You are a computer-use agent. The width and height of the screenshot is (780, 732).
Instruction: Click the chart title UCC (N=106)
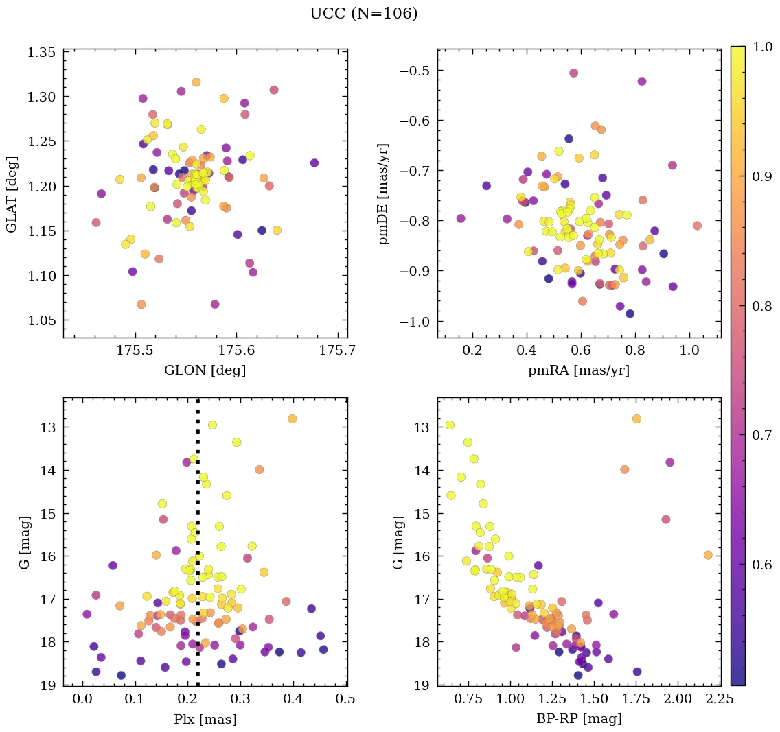pos(363,14)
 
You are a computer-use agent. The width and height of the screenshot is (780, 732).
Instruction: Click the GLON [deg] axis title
pos(205,370)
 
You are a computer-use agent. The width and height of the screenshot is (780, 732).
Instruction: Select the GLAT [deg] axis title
pos(12,194)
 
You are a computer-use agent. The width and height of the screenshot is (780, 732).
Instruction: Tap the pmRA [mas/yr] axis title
pos(578,370)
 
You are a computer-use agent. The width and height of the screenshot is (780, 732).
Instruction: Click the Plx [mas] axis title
pos(205,719)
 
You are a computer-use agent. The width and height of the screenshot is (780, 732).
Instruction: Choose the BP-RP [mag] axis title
pos(578,719)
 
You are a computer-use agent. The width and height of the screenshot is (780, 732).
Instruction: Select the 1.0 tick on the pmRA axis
pos(689,351)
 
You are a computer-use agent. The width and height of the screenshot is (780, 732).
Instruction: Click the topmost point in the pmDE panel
pos(573,73)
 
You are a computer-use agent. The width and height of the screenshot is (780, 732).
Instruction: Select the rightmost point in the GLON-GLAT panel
pos(314,163)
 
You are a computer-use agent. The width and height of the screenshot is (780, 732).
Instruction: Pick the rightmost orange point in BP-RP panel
pos(708,555)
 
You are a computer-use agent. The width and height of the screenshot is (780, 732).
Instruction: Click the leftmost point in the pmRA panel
pos(461,218)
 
